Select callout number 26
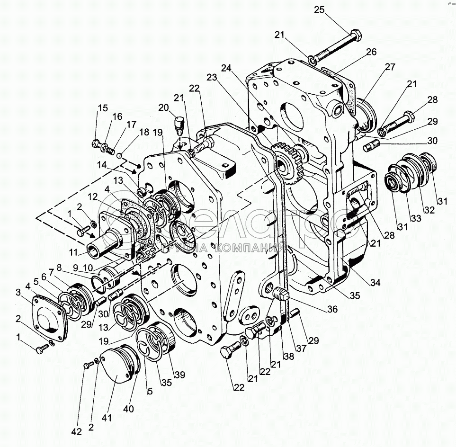pos(371,52)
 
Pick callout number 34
pos(375,283)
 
